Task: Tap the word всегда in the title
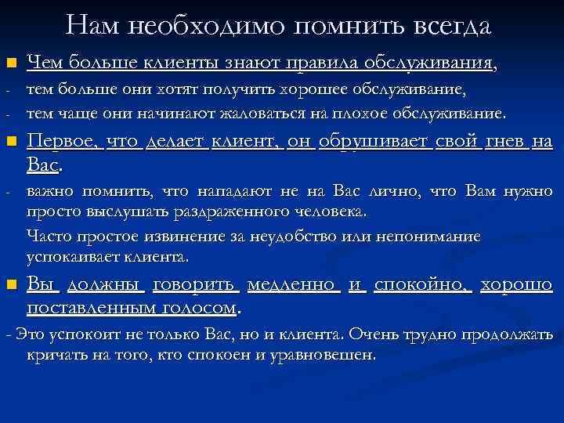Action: click(x=446, y=26)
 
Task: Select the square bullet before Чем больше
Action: click(x=10, y=63)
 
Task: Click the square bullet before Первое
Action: click(x=10, y=143)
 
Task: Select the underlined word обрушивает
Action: click(x=371, y=142)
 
